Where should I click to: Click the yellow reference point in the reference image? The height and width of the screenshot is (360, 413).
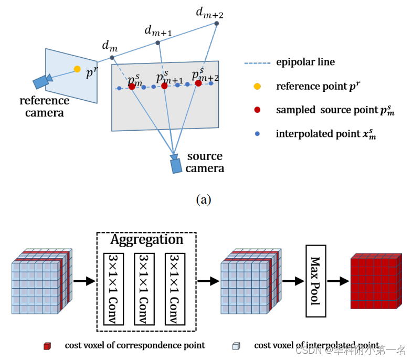[77, 69]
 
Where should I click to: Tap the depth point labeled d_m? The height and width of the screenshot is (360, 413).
[112, 57]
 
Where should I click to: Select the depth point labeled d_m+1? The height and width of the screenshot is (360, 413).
[157, 43]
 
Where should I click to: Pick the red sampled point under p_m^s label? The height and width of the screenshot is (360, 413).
[132, 87]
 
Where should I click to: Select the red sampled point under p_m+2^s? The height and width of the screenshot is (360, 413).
[198, 83]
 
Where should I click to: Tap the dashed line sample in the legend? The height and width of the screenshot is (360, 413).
[257, 63]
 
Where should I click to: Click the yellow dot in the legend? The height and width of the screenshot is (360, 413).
[257, 86]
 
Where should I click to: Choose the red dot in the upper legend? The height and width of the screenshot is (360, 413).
[257, 110]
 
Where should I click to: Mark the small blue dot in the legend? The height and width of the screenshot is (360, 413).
[257, 134]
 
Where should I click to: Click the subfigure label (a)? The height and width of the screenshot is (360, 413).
[203, 200]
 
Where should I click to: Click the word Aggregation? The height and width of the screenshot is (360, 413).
[146, 240]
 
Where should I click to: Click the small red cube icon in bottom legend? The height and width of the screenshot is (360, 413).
[47, 346]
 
